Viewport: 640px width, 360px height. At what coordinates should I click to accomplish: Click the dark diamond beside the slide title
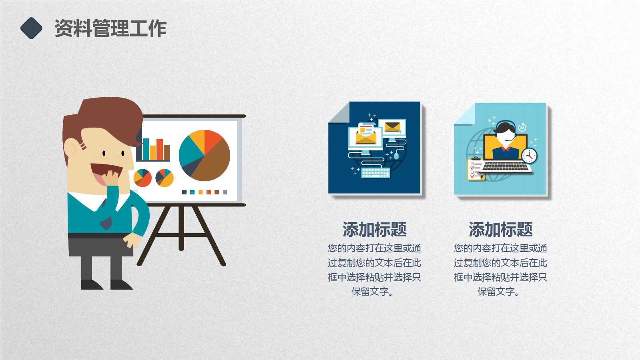point(31,28)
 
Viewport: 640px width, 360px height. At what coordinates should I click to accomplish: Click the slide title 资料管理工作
point(110,28)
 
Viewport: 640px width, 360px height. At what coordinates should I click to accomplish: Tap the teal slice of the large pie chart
point(189,152)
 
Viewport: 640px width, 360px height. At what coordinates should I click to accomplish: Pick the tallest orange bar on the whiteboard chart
point(160,149)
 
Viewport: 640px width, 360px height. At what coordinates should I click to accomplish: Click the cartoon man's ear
point(70,148)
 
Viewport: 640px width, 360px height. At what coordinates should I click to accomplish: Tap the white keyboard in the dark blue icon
point(375,173)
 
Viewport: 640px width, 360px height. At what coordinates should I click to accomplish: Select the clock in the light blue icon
point(529,156)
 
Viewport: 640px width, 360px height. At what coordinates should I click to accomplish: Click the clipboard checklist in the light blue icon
point(475,170)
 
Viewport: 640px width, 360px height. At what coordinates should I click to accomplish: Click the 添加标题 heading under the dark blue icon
point(374,230)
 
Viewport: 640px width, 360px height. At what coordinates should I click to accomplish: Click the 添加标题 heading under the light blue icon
point(500,230)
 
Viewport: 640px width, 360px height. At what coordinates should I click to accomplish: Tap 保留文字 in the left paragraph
point(370,292)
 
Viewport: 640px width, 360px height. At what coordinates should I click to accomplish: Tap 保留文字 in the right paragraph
point(496,292)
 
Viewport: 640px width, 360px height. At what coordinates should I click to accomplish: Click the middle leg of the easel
point(181,228)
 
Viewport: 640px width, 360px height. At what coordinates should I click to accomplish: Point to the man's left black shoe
point(91,285)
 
